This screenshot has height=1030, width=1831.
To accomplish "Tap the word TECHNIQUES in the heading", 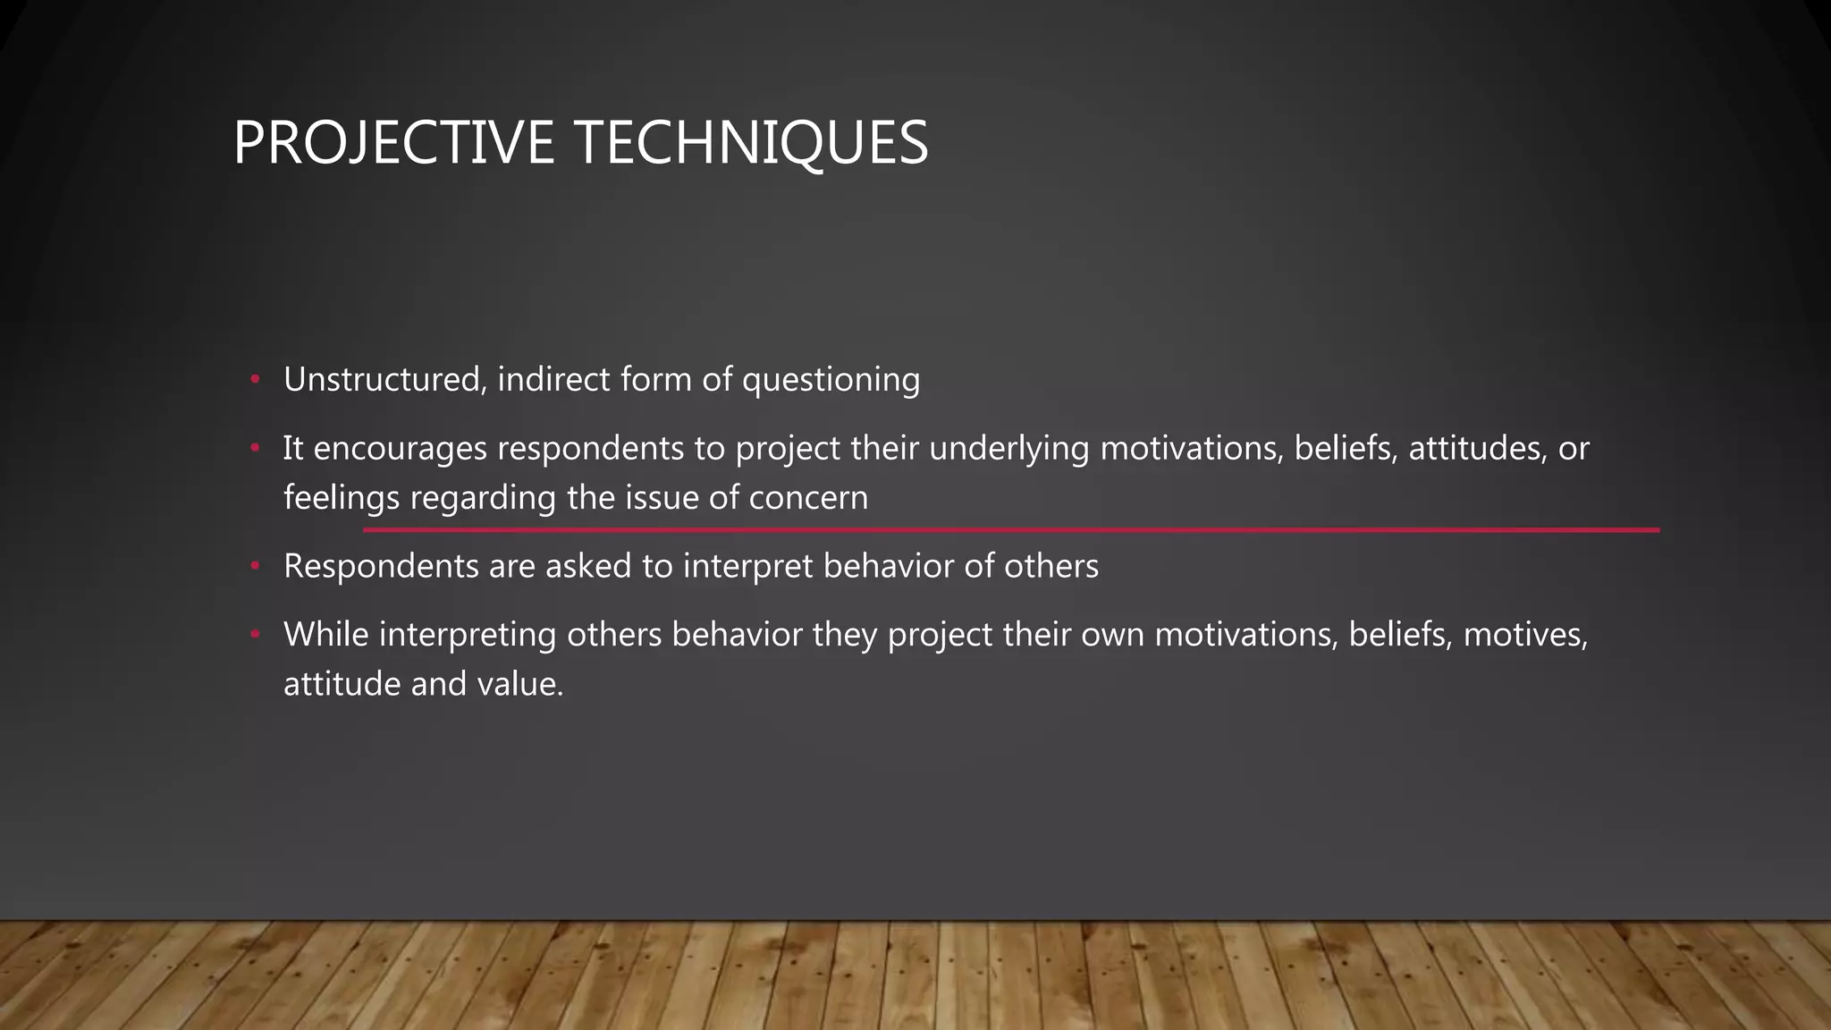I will pyautogui.click(x=751, y=143).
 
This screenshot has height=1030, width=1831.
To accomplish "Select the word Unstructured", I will pyautogui.click(x=384, y=380).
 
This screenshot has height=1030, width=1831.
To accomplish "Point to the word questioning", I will pyautogui.click(x=831, y=380).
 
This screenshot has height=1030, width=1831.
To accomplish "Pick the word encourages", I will pyautogui.click(x=400, y=449).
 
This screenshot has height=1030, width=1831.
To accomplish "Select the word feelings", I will pyautogui.click(x=342, y=498).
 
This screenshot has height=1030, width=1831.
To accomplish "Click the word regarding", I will pyautogui.click(x=484, y=498).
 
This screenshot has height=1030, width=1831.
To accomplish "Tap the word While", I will pyautogui.click(x=326, y=635).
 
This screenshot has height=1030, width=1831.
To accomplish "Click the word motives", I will pyautogui.click(x=1525, y=635).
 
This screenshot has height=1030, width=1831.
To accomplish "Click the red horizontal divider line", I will pyautogui.click(x=1010, y=530).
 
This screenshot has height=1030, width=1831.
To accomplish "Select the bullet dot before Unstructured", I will pyautogui.click(x=255, y=380).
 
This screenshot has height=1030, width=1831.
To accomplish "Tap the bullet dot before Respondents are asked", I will pyautogui.click(x=255, y=567).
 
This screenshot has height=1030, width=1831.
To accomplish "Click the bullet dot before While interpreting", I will pyautogui.click(x=255, y=635).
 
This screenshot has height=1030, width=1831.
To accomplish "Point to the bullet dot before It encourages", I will pyautogui.click(x=255, y=449).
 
